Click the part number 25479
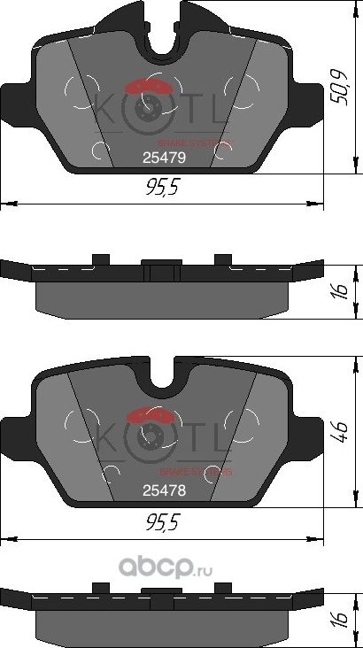pos(163,156)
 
